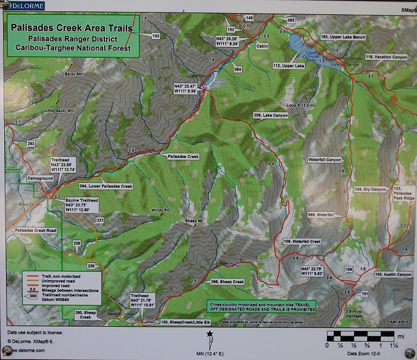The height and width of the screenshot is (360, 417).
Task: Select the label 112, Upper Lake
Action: coord(289,66)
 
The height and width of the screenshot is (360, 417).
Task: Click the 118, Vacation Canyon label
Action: coord(386,57)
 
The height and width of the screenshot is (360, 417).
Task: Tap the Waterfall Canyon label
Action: coord(325,160)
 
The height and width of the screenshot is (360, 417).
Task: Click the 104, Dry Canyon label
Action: coord(371,190)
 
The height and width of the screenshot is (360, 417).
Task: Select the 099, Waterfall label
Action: coord(320,215)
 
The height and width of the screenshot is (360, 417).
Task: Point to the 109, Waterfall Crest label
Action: coord(303,241)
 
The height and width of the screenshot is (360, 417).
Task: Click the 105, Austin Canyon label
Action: coord(394,275)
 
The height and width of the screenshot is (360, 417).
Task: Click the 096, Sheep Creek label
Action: coord(228,281)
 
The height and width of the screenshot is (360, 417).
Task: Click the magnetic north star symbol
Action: coord(210,336)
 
